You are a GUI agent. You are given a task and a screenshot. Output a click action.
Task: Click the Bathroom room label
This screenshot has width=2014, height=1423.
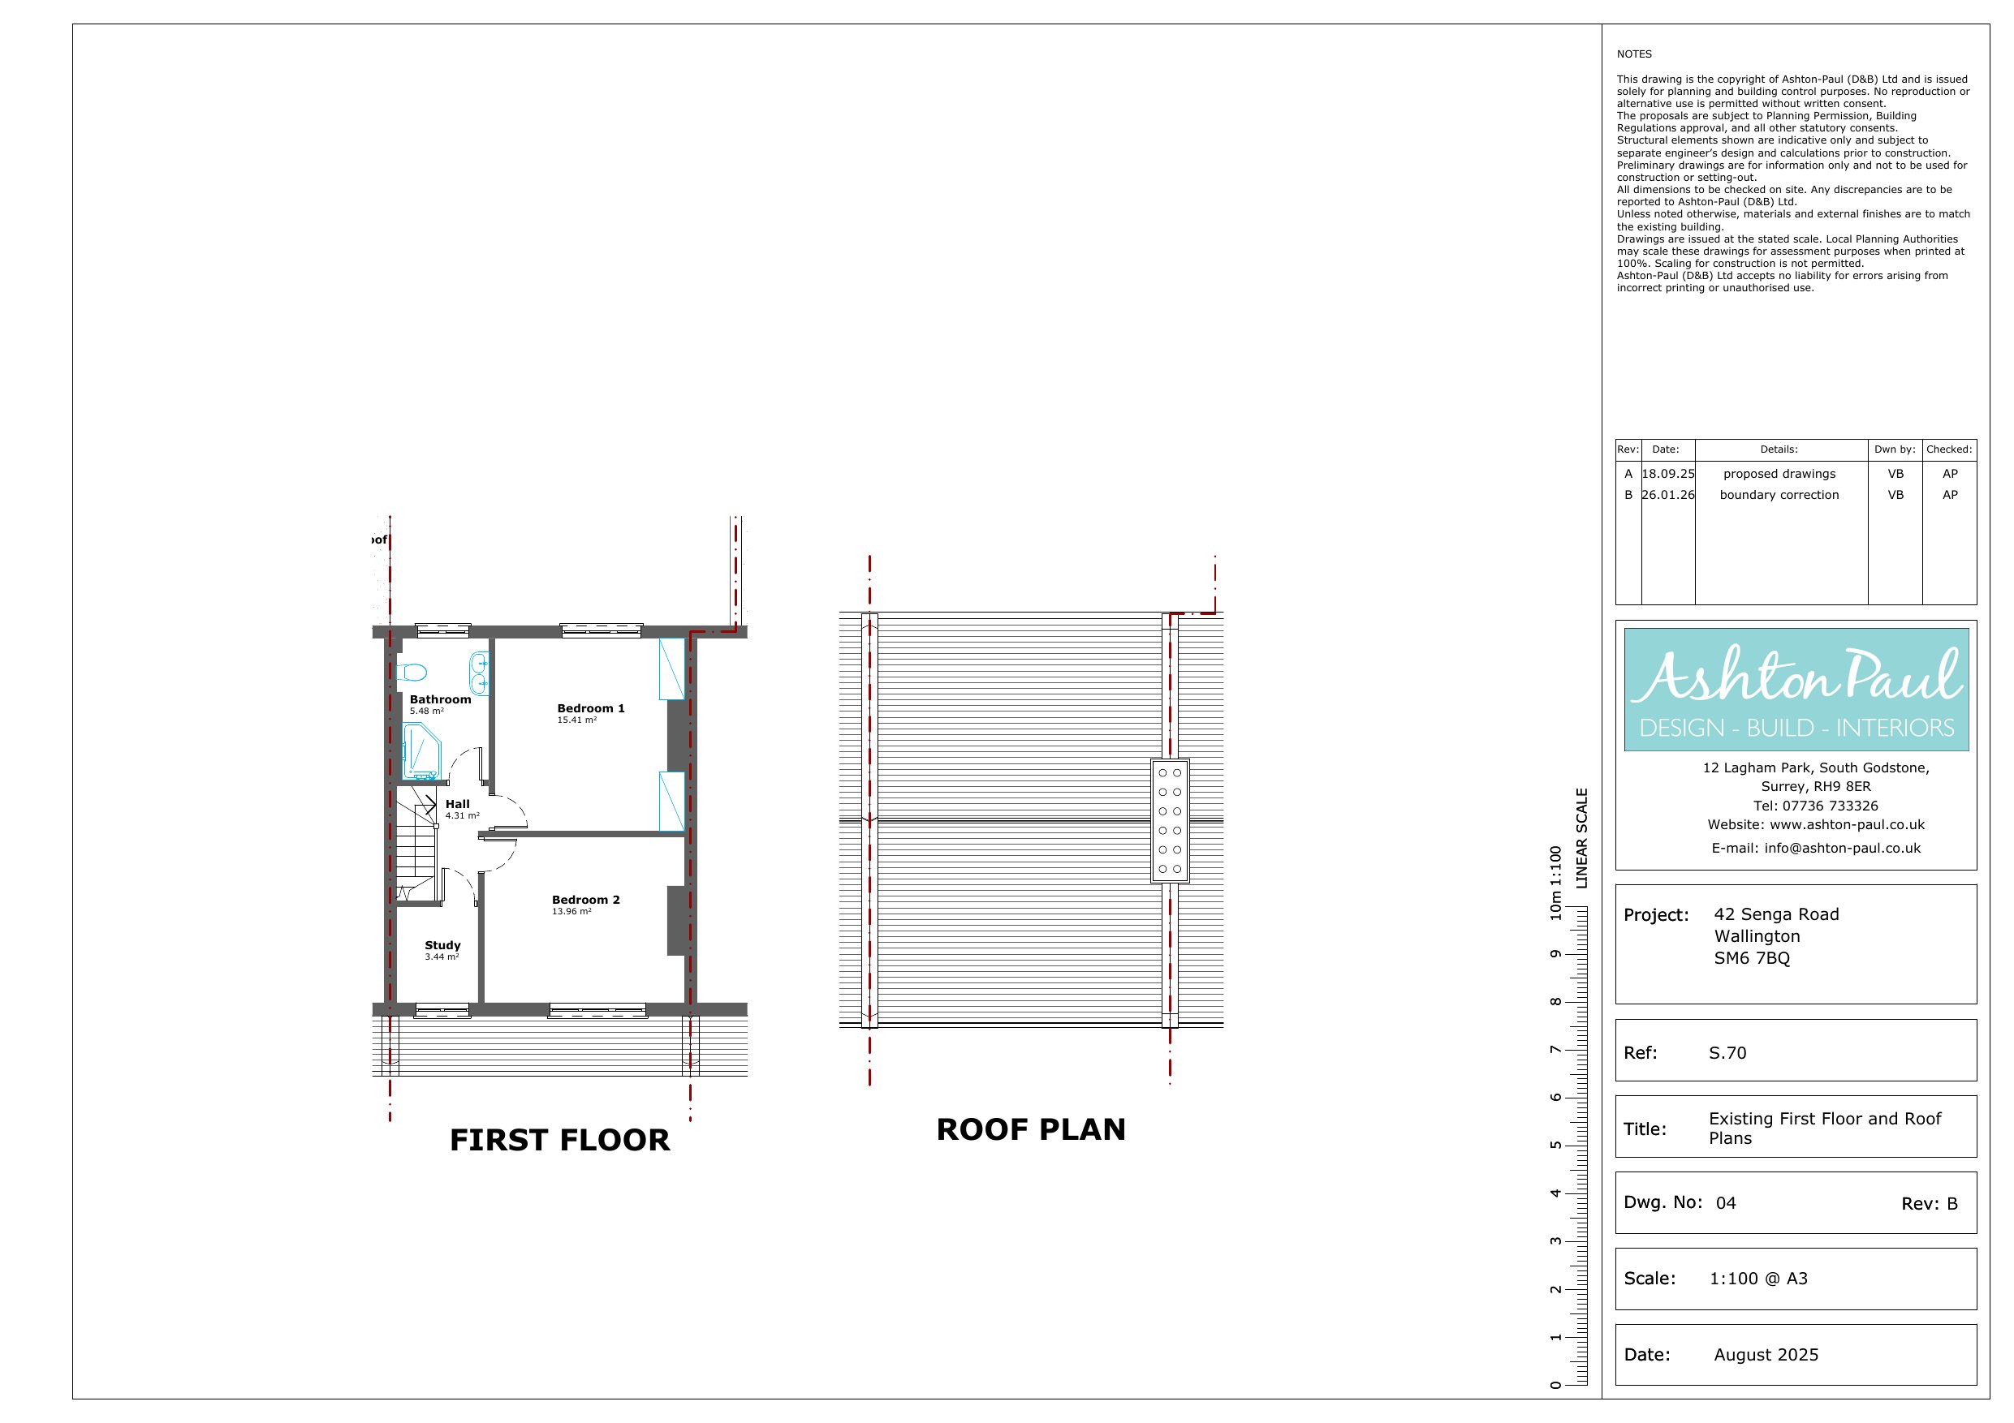[x=440, y=699]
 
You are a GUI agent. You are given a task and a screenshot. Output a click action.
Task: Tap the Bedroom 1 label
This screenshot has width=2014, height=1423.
[x=591, y=708]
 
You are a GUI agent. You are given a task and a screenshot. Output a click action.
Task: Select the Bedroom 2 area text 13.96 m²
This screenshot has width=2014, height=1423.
[x=572, y=912]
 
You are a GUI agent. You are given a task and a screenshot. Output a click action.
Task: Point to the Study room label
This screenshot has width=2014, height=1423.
[x=442, y=945]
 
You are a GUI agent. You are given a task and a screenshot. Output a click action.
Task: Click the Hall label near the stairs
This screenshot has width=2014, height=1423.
[x=457, y=804]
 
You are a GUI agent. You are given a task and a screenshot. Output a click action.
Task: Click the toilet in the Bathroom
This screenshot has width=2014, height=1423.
[x=411, y=673]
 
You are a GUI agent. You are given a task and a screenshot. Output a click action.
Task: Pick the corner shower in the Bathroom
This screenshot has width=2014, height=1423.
[x=422, y=751]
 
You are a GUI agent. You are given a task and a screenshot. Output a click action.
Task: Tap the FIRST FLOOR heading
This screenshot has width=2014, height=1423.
[x=559, y=1140]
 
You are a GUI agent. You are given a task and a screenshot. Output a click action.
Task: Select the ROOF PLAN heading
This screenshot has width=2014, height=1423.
[x=1031, y=1129]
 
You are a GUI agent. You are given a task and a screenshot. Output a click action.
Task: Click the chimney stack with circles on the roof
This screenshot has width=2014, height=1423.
[x=1169, y=821]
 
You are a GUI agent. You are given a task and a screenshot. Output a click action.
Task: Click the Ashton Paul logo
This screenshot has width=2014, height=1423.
[x=1796, y=689]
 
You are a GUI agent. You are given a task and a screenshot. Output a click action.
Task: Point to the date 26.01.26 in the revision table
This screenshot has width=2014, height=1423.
[x=1667, y=495]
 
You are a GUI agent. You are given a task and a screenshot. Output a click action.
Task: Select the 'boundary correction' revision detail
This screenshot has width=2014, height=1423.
[x=1779, y=495]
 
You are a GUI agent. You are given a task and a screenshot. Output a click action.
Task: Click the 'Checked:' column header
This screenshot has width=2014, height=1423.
[x=1949, y=449]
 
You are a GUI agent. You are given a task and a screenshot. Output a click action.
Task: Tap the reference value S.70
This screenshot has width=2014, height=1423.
[x=1727, y=1053]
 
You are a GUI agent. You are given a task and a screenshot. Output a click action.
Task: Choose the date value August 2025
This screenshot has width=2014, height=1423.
[x=1766, y=1355]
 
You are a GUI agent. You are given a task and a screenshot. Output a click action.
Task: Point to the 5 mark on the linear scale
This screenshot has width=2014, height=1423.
[x=1555, y=1145]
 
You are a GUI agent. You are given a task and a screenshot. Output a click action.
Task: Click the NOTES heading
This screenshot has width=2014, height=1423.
[x=1634, y=54]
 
